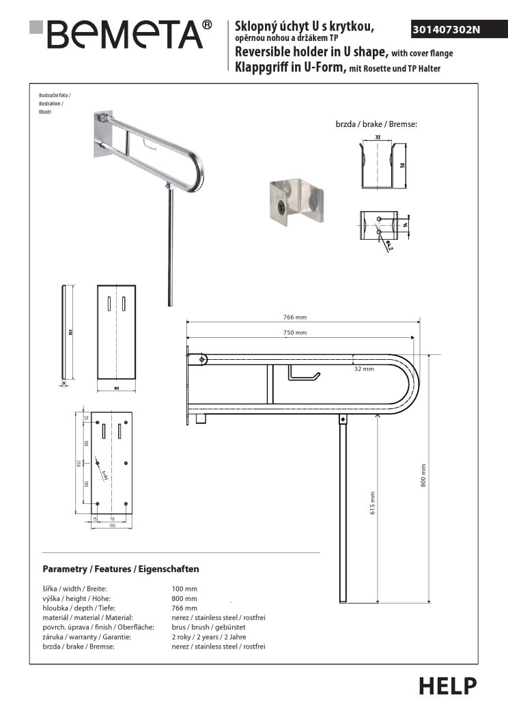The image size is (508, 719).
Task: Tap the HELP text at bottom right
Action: (x=448, y=685)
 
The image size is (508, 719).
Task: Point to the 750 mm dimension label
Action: (x=296, y=333)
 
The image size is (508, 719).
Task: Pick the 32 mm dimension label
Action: (x=364, y=369)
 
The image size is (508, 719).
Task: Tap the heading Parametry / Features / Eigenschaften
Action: (x=120, y=569)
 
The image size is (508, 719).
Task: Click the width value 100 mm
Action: (x=184, y=588)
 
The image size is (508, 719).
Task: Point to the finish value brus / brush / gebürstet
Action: (x=208, y=627)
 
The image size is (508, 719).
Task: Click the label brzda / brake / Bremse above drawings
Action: (x=376, y=124)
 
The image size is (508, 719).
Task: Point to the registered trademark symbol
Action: (x=208, y=25)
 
